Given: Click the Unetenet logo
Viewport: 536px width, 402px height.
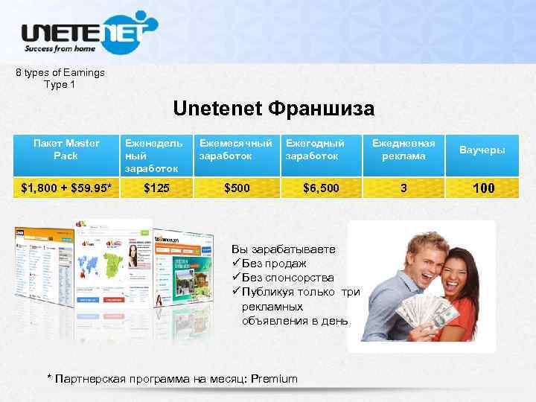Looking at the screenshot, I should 88,33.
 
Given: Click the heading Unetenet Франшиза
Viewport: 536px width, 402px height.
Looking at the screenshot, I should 273,109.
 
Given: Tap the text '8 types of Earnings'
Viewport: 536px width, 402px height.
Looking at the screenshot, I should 60,73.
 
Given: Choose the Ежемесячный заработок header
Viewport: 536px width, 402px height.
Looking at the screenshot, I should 234,150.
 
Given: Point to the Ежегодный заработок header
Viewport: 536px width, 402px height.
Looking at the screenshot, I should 316,150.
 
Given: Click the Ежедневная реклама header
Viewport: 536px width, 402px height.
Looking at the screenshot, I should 403,150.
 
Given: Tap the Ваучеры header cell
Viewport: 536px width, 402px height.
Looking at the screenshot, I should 482,150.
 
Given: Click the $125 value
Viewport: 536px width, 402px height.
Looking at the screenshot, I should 154,188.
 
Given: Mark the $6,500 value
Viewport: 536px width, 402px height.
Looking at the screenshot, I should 321,188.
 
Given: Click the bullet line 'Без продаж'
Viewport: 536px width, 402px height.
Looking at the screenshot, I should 274,264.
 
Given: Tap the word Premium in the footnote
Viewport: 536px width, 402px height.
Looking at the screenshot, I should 274,379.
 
